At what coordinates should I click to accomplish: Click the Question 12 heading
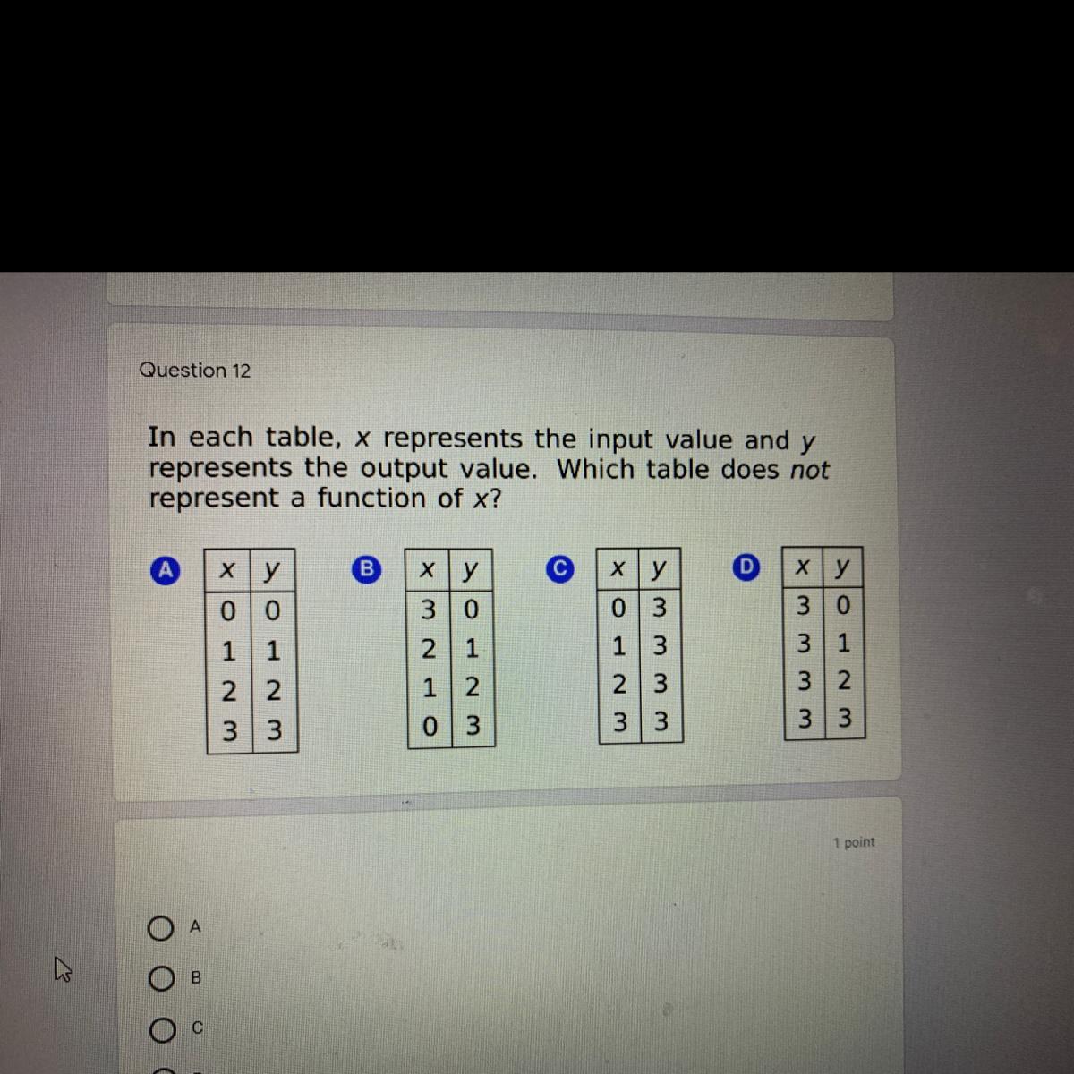click(194, 370)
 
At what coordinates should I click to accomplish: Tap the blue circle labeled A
click(165, 571)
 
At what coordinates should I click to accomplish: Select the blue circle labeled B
click(367, 569)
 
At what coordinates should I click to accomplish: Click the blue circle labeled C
click(560, 568)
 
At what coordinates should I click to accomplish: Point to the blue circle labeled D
click(746, 567)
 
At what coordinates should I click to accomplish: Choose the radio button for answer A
click(160, 928)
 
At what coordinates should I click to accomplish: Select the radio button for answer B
click(161, 979)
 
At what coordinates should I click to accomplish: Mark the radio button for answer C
click(162, 1030)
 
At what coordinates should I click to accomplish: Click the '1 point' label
click(854, 842)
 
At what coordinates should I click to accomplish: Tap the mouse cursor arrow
click(63, 968)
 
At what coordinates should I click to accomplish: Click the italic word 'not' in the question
click(810, 470)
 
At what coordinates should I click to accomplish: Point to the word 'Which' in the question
click(596, 469)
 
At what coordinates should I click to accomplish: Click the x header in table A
click(226, 570)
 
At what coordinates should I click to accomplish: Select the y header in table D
click(842, 567)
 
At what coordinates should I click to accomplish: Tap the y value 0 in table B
click(471, 609)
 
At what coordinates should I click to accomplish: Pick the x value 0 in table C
click(618, 608)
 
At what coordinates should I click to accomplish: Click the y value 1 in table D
click(843, 644)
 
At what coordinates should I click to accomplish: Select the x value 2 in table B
click(428, 649)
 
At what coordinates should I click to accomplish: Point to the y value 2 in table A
click(273, 691)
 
